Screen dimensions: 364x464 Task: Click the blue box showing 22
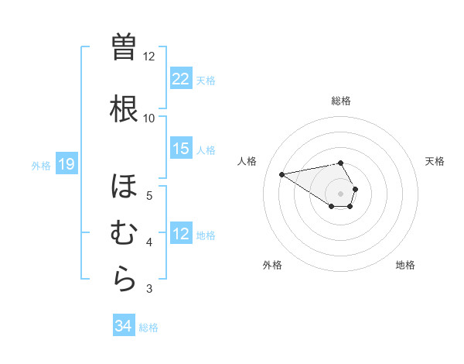(181, 80)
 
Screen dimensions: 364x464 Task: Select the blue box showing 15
(181, 149)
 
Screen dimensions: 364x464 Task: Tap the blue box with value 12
(181, 235)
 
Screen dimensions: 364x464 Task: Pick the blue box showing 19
(67, 164)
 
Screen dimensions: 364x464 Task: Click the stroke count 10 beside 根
(149, 118)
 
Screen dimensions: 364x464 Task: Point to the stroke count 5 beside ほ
(149, 195)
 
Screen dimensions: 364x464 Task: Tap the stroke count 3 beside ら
(149, 290)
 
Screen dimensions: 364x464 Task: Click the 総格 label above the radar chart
(341, 101)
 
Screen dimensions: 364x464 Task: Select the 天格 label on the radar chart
(435, 161)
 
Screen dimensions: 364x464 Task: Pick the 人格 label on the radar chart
(247, 161)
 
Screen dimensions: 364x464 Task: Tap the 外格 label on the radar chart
(272, 265)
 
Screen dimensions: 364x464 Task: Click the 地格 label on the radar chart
(405, 265)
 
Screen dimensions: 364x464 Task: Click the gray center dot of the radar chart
(341, 193)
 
